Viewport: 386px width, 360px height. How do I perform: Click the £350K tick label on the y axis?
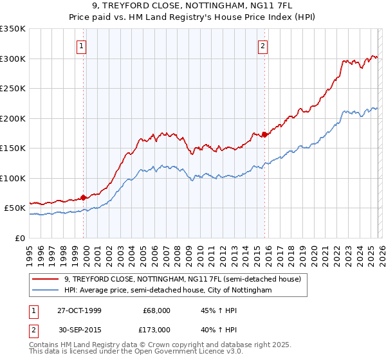[x=13, y=29]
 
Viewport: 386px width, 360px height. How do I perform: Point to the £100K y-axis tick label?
[x=13, y=178]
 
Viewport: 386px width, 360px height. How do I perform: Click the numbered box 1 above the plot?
[x=83, y=46]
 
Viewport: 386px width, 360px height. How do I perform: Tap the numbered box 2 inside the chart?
[x=264, y=46]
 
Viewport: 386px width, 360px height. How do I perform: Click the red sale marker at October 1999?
[x=84, y=197]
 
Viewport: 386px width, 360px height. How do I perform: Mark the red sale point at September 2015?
[x=264, y=134]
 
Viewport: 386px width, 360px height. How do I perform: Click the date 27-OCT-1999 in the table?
[x=79, y=310]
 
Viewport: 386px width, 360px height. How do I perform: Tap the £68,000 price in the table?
[x=156, y=310]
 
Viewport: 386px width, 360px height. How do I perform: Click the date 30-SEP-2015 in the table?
[x=79, y=329]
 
